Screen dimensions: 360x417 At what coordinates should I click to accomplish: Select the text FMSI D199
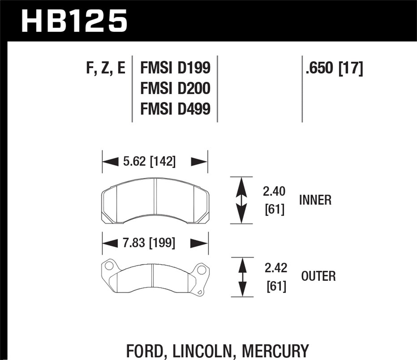click(x=175, y=68)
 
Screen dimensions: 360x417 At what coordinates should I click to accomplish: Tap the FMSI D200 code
click(x=175, y=88)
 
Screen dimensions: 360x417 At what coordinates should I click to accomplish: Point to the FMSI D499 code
click(x=175, y=109)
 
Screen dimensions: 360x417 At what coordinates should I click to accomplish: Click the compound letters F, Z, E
click(x=106, y=68)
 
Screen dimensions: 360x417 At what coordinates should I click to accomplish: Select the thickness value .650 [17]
click(x=334, y=68)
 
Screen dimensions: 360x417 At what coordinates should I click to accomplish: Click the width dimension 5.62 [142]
click(x=149, y=161)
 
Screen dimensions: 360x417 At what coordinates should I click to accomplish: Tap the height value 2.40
click(x=274, y=192)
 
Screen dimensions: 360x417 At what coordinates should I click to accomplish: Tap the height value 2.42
click(x=276, y=268)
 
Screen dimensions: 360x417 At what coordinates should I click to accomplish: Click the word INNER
click(x=315, y=200)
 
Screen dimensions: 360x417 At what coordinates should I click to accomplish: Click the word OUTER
click(x=318, y=276)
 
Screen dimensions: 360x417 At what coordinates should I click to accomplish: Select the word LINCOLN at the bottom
click(x=202, y=351)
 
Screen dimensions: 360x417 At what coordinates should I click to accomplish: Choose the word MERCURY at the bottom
click(x=275, y=351)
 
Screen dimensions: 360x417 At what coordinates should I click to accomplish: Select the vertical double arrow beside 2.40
click(x=241, y=200)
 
